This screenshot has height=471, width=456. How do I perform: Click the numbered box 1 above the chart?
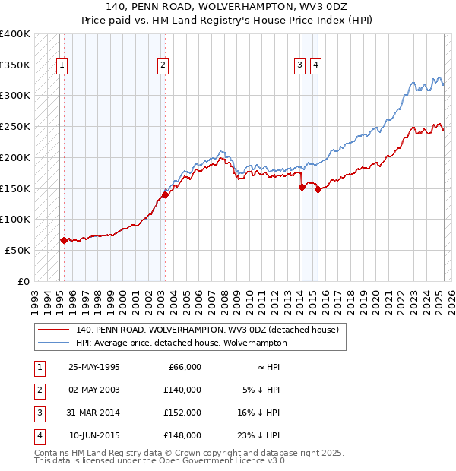click(x=61, y=65)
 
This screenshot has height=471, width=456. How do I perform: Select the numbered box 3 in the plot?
click(x=301, y=65)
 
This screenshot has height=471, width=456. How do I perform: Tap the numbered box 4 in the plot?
click(x=315, y=65)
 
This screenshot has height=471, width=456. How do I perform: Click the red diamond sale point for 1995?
click(x=64, y=240)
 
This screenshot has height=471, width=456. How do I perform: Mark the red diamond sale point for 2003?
click(x=165, y=194)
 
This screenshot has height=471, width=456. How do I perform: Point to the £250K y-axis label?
click(x=15, y=126)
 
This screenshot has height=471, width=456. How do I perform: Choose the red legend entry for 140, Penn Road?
click(x=211, y=330)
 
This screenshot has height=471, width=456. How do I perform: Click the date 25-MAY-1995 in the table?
click(x=94, y=367)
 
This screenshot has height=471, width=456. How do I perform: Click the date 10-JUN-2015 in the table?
click(x=94, y=435)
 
